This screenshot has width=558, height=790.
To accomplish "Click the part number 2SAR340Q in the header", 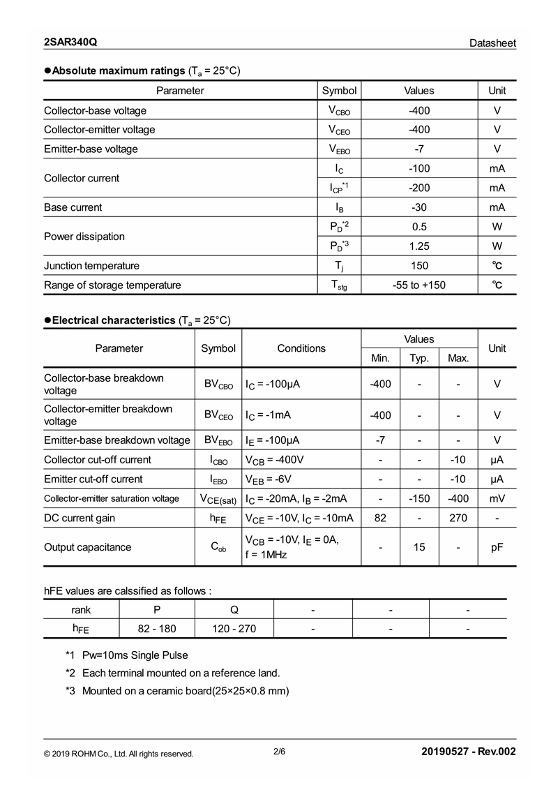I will [x=70, y=43].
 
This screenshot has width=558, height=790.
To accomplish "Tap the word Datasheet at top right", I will [x=492, y=43].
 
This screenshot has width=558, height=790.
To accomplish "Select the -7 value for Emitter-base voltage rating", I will [x=418, y=149].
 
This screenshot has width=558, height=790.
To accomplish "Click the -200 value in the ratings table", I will [x=418, y=188].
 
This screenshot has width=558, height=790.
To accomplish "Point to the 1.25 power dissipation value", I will [x=418, y=246].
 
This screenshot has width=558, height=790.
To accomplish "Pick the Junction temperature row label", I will [x=91, y=265].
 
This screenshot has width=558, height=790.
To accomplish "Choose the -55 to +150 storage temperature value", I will [x=418, y=285].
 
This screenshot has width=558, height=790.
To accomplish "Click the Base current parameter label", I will [x=73, y=207].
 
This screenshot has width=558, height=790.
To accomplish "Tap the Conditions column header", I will [x=301, y=348].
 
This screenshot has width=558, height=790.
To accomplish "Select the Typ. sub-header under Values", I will [x=419, y=358].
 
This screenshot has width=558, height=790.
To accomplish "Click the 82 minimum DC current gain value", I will [x=380, y=518].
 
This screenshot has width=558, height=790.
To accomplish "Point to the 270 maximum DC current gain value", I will [x=458, y=518].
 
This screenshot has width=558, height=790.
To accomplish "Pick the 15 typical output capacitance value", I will [x=419, y=547].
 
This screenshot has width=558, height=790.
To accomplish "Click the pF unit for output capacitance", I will [x=497, y=547].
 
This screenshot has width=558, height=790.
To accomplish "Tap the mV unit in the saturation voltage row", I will [x=497, y=498].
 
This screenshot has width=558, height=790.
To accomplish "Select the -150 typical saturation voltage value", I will [x=419, y=498].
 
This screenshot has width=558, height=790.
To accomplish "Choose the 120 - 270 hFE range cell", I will [x=234, y=629].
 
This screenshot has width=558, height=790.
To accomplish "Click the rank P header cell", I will [x=157, y=609].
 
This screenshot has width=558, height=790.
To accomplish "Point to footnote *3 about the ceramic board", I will [x=177, y=691].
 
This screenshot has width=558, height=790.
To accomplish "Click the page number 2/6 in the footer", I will [x=279, y=752].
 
